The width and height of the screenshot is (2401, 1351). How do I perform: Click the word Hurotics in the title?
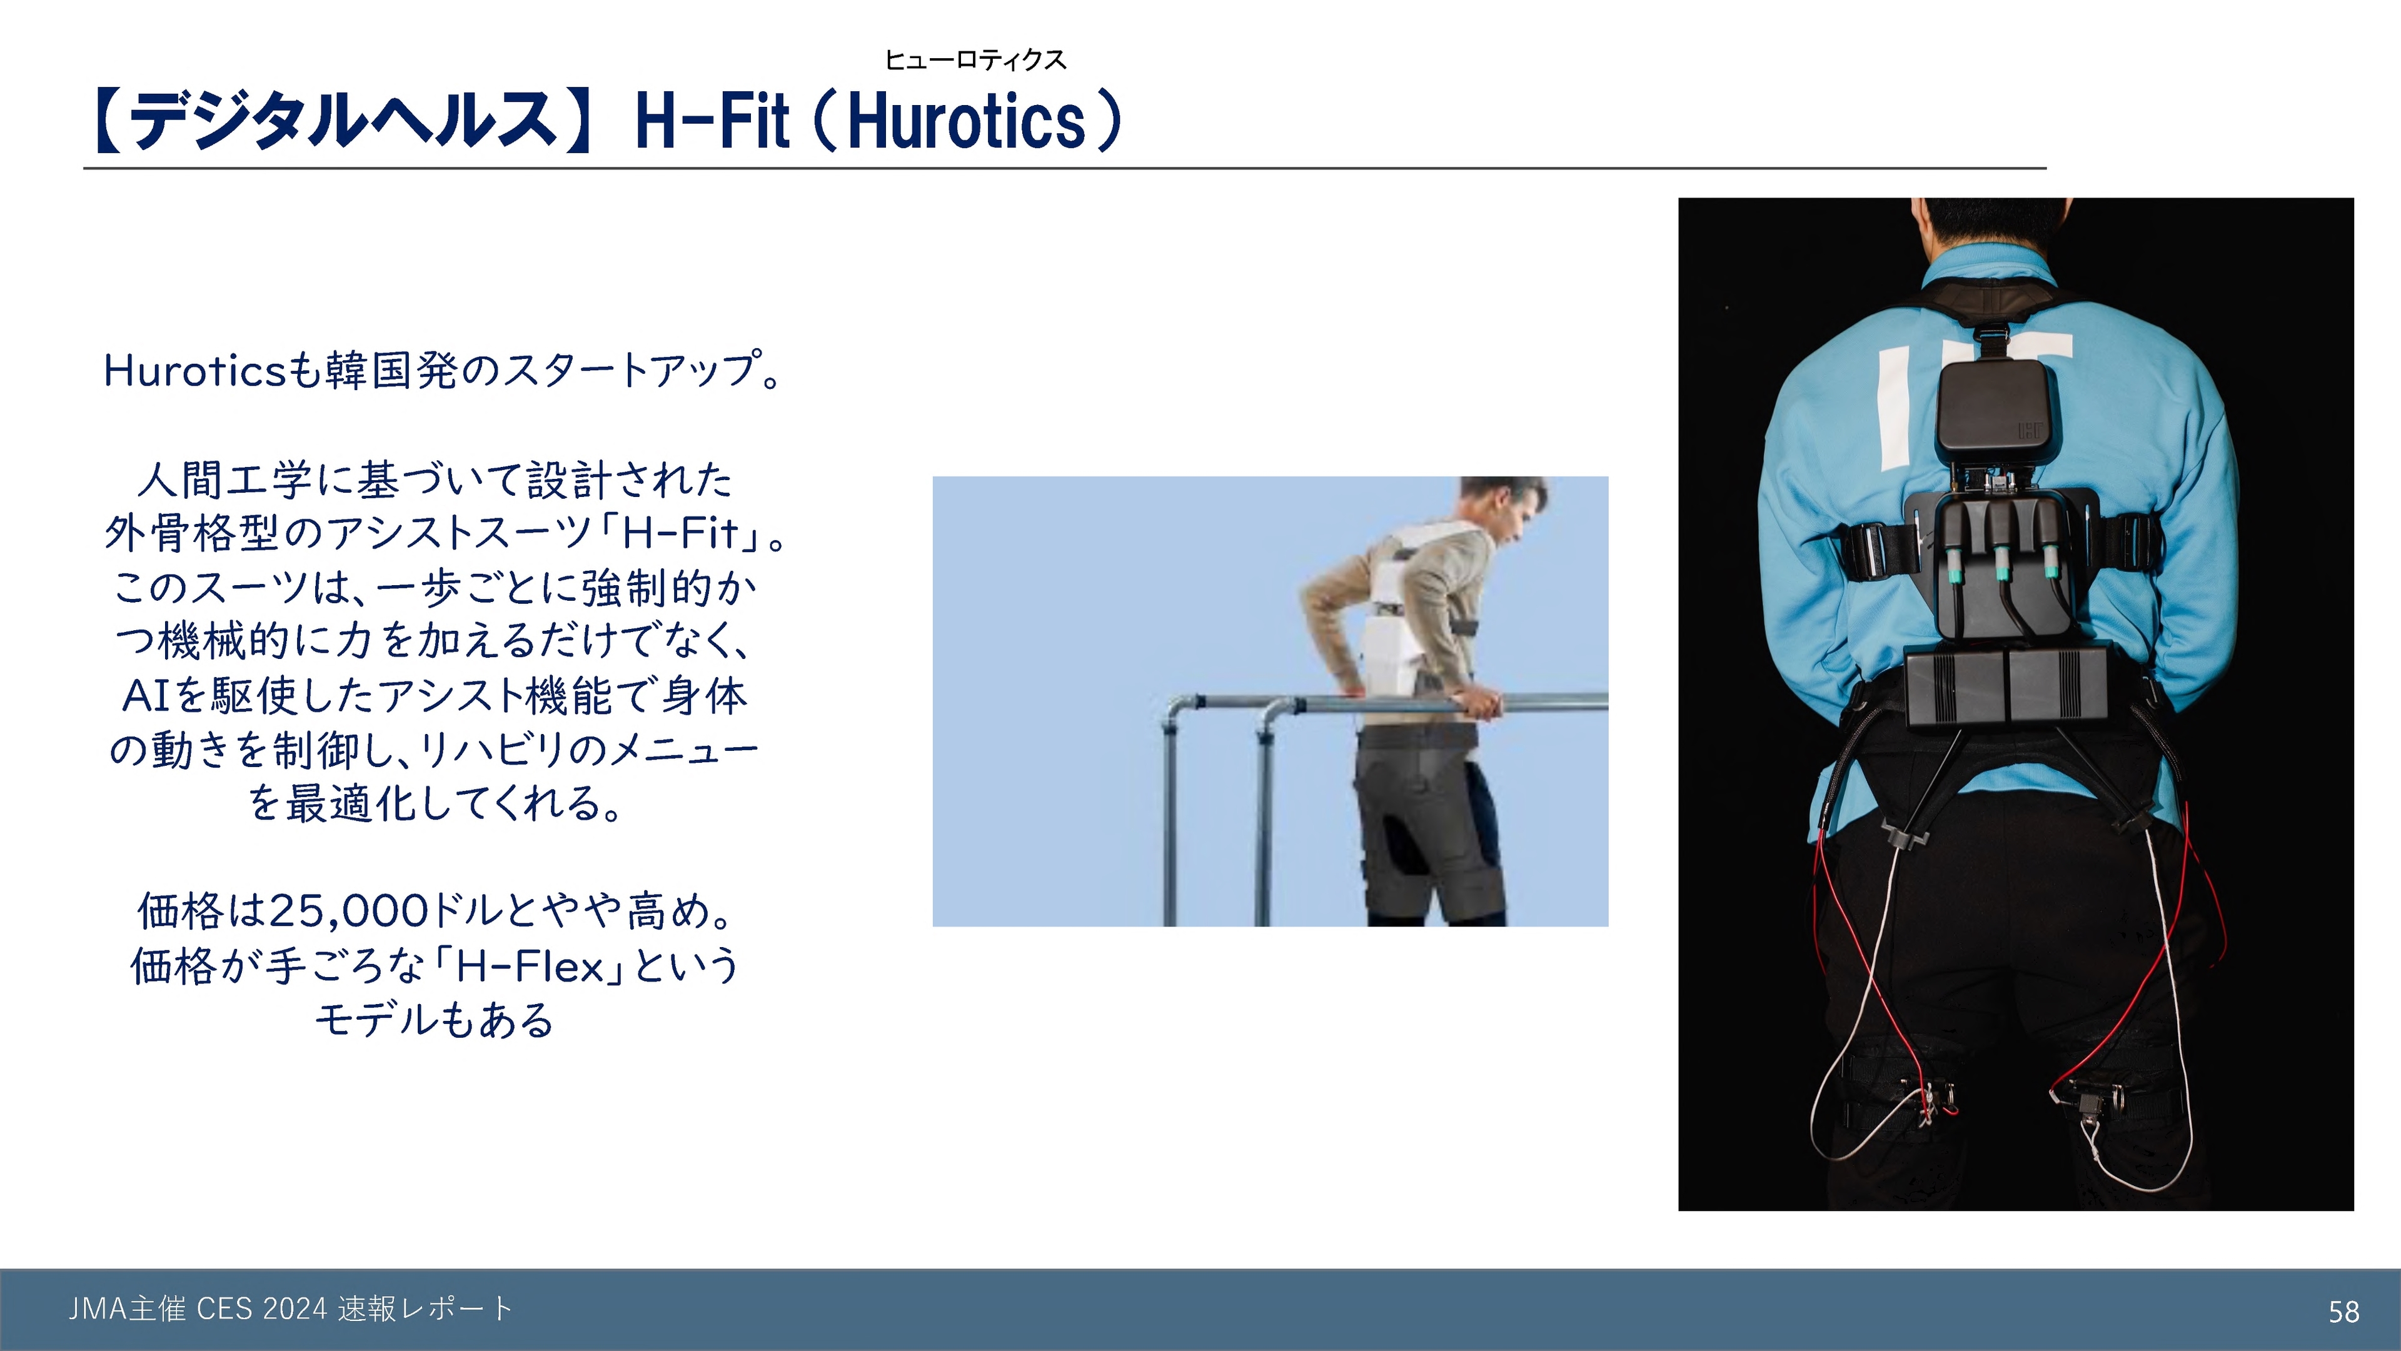tap(967, 121)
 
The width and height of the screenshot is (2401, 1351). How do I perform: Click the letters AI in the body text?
tap(146, 695)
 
